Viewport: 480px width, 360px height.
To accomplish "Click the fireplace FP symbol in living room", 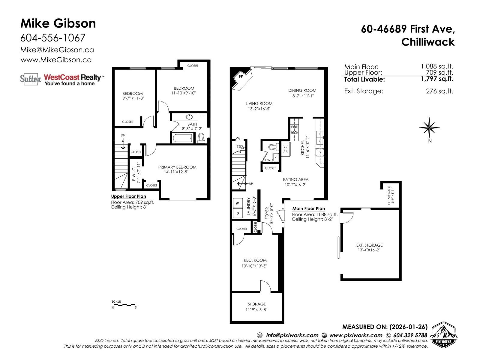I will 241,77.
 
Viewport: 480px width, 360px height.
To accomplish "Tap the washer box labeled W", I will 237,203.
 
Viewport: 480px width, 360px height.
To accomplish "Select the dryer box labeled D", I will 237,213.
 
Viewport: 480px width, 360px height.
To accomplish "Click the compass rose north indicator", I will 430,128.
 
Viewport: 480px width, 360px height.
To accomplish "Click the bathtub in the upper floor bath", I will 182,138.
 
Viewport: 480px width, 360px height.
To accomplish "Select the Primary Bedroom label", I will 177,167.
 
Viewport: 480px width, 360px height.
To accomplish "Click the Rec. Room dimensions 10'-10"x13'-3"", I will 254,266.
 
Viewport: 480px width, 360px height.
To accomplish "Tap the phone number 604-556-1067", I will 53,38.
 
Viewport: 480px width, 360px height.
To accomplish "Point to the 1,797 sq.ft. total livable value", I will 437,79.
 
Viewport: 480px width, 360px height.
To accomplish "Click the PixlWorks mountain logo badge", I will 444,335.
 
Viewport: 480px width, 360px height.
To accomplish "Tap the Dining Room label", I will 302,90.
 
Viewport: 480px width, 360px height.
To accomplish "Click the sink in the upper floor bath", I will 190,117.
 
